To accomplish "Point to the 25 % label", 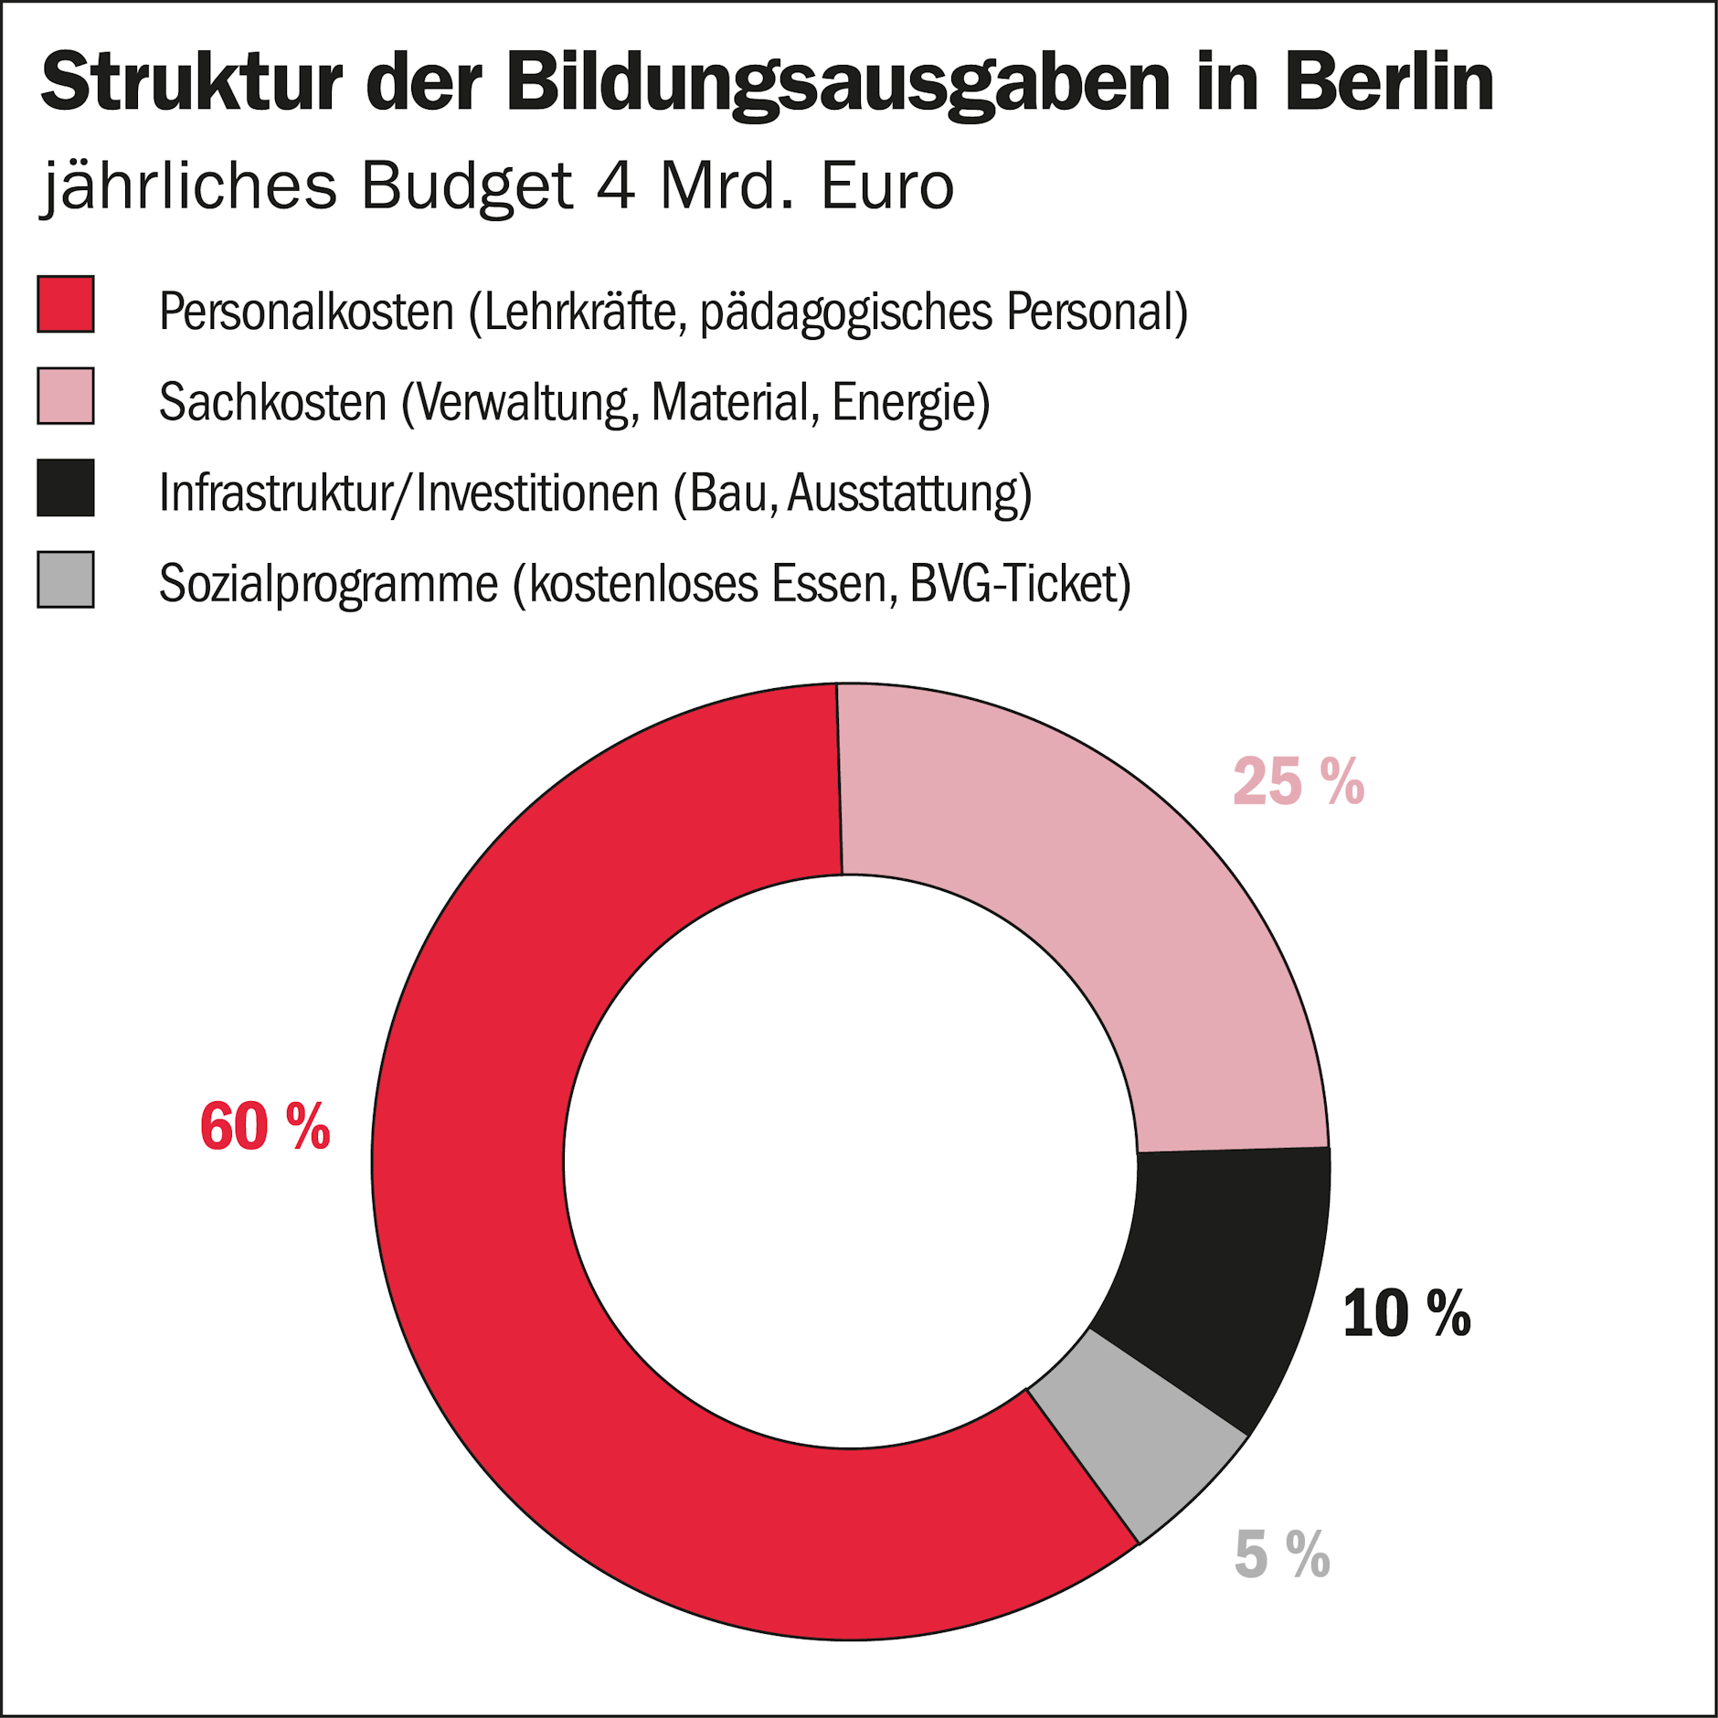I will [x=1298, y=782].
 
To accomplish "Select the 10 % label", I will [x=1406, y=1314].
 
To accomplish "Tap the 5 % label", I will [x=1282, y=1554].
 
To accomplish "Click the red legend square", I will [x=66, y=303].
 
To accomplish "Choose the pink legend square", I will [x=66, y=396].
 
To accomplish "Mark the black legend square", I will [x=66, y=488].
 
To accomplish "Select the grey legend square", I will [x=66, y=579].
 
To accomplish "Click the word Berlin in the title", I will [x=1389, y=82].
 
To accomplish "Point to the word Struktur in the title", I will [x=192, y=82].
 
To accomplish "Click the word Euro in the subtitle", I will [x=886, y=186].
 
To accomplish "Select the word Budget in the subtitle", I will [x=467, y=186].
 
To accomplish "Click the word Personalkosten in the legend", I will [x=306, y=312].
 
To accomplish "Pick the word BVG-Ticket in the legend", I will [x=1020, y=584].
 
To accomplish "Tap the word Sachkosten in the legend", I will [x=273, y=402].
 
